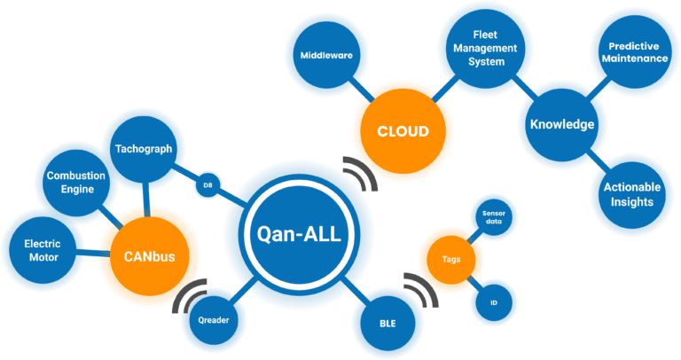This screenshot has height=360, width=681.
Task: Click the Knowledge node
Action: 562,124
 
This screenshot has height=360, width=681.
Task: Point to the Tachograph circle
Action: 144,149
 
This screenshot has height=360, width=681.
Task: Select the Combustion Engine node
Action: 76,182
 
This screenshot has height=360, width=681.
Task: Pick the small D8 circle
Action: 207,185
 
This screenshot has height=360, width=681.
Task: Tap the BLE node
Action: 387,323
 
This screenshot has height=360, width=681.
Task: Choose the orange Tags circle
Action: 450,260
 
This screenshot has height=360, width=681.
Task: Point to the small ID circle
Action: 493,302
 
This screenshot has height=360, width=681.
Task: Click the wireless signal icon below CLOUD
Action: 360,175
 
